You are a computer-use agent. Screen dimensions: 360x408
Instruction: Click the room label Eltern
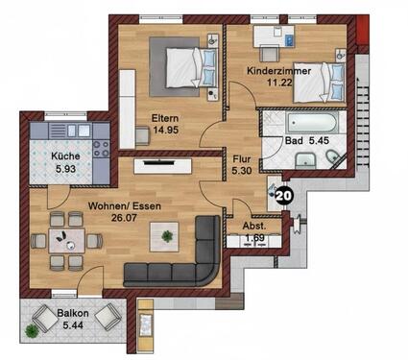pyautogui.click(x=164, y=119)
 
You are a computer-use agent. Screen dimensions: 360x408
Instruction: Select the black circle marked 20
pyautogui.click(x=284, y=197)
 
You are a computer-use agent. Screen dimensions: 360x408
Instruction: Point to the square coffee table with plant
pyautogui.click(x=169, y=235)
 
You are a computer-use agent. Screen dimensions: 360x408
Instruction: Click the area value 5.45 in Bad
pyautogui.click(x=321, y=141)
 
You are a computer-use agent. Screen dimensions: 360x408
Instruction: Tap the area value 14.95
pyautogui.click(x=164, y=132)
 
